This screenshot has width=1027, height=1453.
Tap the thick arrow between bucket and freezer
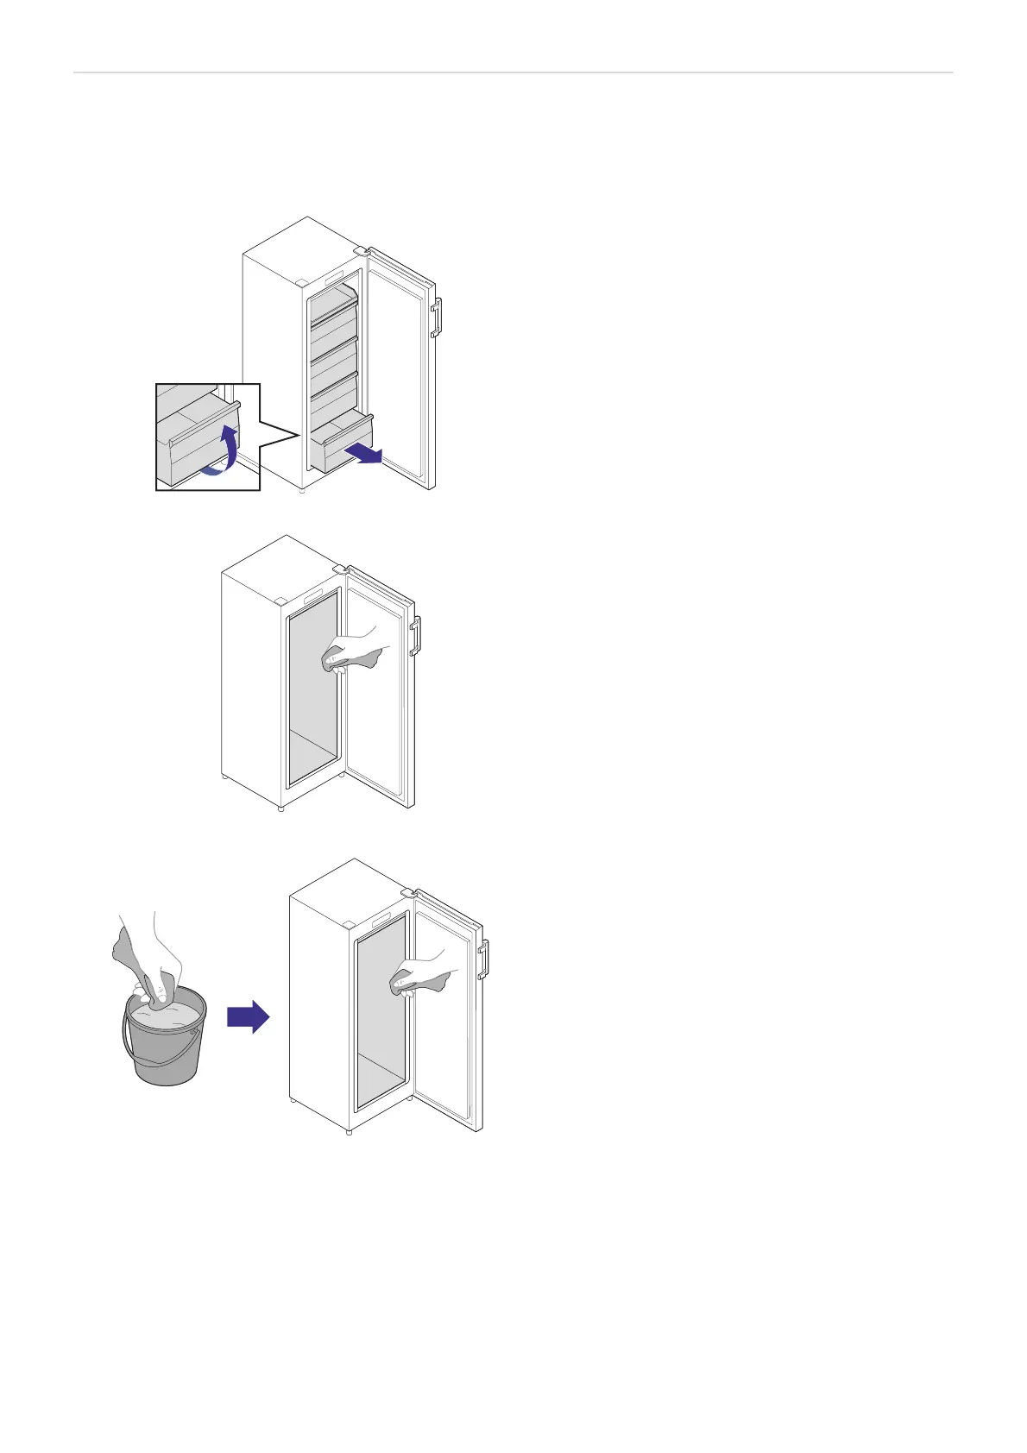click(x=249, y=1018)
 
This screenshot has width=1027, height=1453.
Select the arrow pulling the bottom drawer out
click(x=362, y=454)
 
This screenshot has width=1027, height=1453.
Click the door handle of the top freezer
click(x=437, y=317)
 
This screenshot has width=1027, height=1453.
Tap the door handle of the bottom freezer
click(x=484, y=959)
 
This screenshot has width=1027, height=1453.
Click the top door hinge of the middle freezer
click(x=339, y=569)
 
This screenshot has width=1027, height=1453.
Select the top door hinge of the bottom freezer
click(x=407, y=892)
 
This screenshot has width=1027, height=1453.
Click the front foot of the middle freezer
click(x=281, y=809)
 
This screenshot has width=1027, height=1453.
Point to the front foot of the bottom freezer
click(x=349, y=1131)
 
